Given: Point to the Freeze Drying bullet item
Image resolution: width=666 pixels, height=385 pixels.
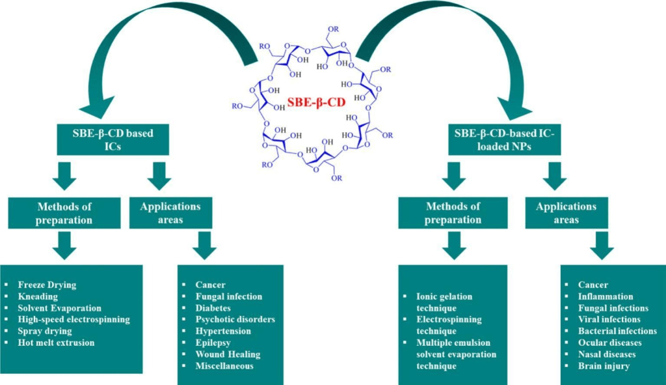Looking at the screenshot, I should (47, 285).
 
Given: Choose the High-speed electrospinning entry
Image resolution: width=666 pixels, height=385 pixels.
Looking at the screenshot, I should (73, 319).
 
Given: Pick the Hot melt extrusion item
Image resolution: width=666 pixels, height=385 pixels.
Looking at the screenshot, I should (56, 343).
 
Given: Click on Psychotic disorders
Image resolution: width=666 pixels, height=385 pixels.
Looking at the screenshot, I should (235, 319).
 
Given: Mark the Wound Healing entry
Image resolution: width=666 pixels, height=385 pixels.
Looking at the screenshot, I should (228, 354).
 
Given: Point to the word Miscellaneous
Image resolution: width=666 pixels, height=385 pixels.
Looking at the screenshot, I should (224, 366).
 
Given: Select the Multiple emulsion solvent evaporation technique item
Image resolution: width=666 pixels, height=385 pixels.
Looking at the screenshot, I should (456, 354).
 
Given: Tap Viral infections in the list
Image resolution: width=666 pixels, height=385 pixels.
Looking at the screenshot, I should (609, 319).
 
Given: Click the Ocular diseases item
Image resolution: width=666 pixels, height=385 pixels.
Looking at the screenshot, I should (609, 343).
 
